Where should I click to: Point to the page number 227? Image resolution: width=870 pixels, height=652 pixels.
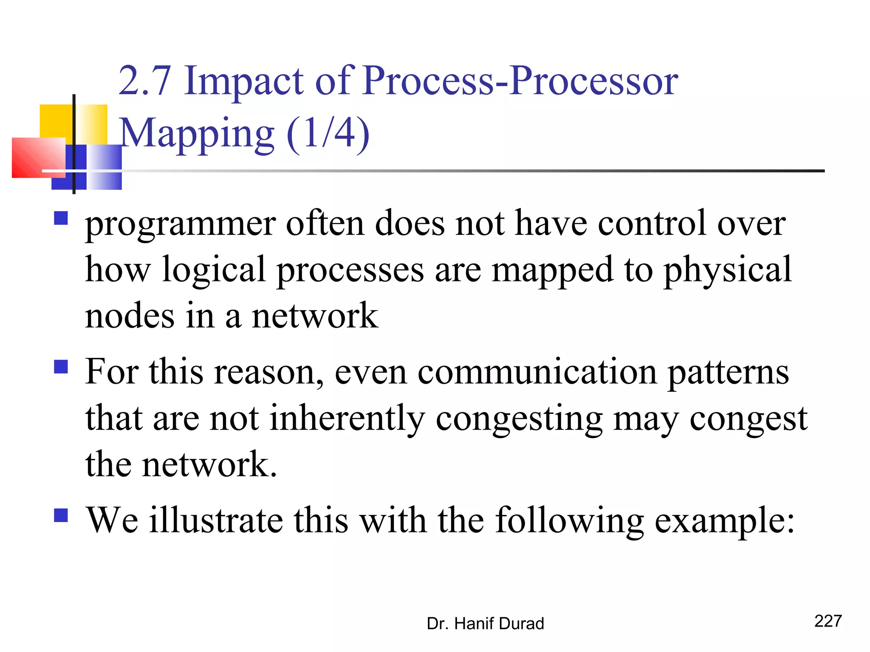coord(828,621)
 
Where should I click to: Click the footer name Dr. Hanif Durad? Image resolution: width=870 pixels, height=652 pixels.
coord(485,624)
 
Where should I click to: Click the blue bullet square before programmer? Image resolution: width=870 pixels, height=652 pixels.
coord(61,218)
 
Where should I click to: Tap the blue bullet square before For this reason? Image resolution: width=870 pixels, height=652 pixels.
coord(61,367)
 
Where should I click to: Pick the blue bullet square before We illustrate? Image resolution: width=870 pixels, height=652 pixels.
coord(61,515)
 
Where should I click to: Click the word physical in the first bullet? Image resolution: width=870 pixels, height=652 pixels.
coord(728,271)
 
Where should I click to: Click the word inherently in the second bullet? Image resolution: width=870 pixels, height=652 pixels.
coord(347,419)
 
